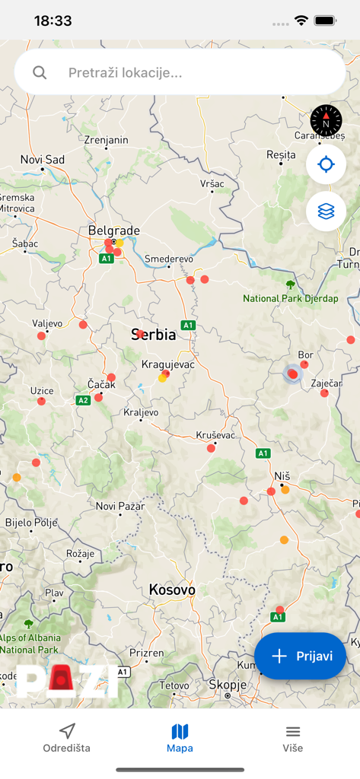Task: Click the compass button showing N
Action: click(326, 121)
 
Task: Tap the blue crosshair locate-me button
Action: click(326, 164)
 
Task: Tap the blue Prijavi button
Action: click(300, 656)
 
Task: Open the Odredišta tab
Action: click(67, 738)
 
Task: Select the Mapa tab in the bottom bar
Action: click(180, 738)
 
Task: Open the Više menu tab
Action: click(293, 738)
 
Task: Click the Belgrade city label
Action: click(114, 230)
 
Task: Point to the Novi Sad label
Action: click(43, 159)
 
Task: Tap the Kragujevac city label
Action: click(168, 364)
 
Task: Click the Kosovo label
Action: click(172, 590)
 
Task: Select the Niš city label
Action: click(282, 475)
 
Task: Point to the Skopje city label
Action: click(228, 685)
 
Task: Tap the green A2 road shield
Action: click(83, 399)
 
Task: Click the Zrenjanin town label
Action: click(107, 140)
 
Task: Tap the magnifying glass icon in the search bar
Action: click(40, 73)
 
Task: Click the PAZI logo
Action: click(67, 681)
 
